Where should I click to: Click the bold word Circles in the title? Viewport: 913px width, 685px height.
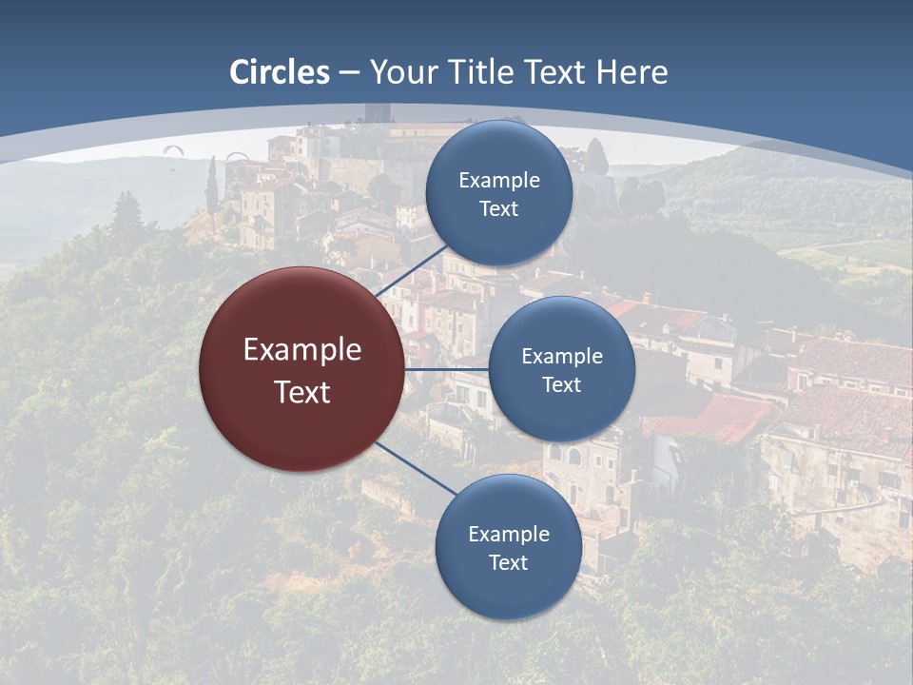pos(280,72)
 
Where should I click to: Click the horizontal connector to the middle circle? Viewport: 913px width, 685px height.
pos(447,369)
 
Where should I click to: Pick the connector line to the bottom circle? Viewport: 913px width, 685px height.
pos(414,468)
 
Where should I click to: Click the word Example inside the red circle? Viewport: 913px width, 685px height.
pos(302,350)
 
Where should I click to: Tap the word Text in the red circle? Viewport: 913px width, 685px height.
pos(302,392)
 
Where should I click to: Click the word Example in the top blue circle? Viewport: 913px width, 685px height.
pos(498,181)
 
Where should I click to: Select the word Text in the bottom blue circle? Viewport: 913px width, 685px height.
pos(508,562)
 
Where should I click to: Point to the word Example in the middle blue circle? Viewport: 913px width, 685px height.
pos(561,357)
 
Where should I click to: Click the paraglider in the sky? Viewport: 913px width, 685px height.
pos(173,149)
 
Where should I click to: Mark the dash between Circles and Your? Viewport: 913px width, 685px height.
pos(349,73)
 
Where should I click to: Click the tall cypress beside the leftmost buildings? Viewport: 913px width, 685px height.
pos(212,186)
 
